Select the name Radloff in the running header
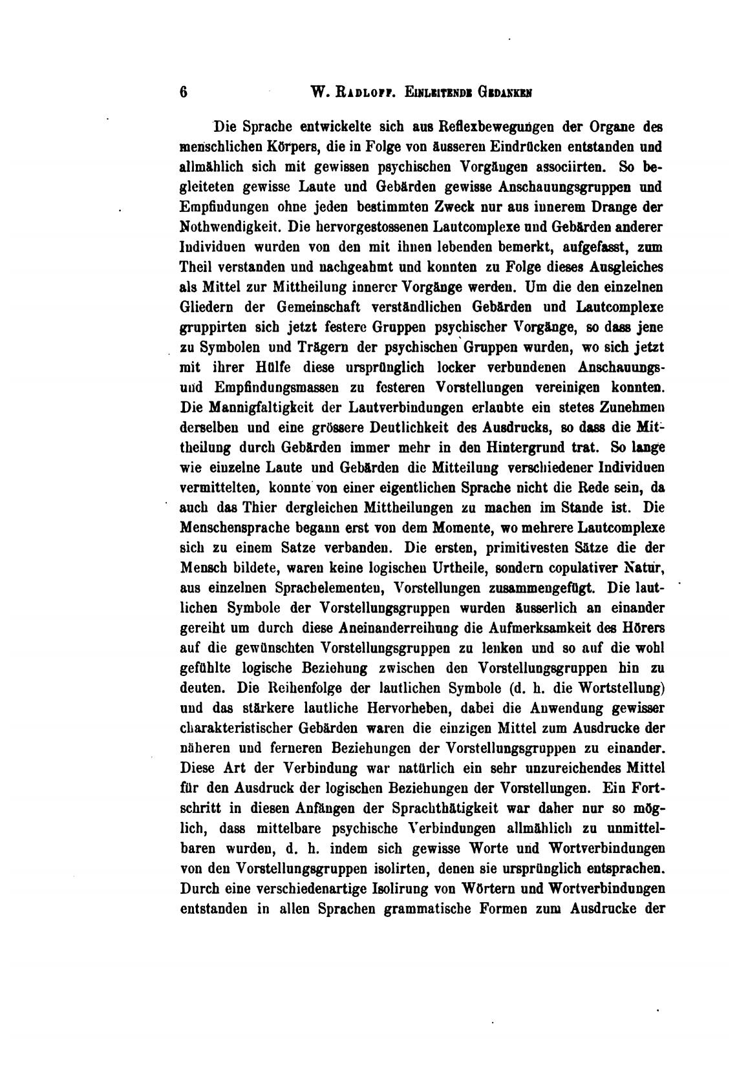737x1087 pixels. (361, 92)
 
